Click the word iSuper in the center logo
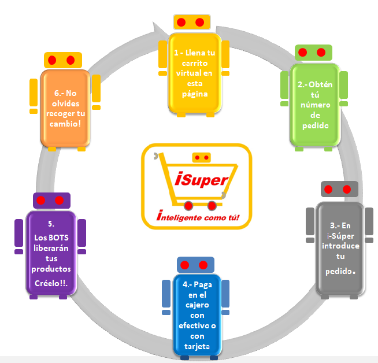[202, 180]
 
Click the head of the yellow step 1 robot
[190, 22]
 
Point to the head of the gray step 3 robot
[338, 189]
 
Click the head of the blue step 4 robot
[194, 265]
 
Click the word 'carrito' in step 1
[193, 62]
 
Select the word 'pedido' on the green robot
[315, 126]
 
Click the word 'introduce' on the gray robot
[341, 246]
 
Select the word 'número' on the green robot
[315, 105]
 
